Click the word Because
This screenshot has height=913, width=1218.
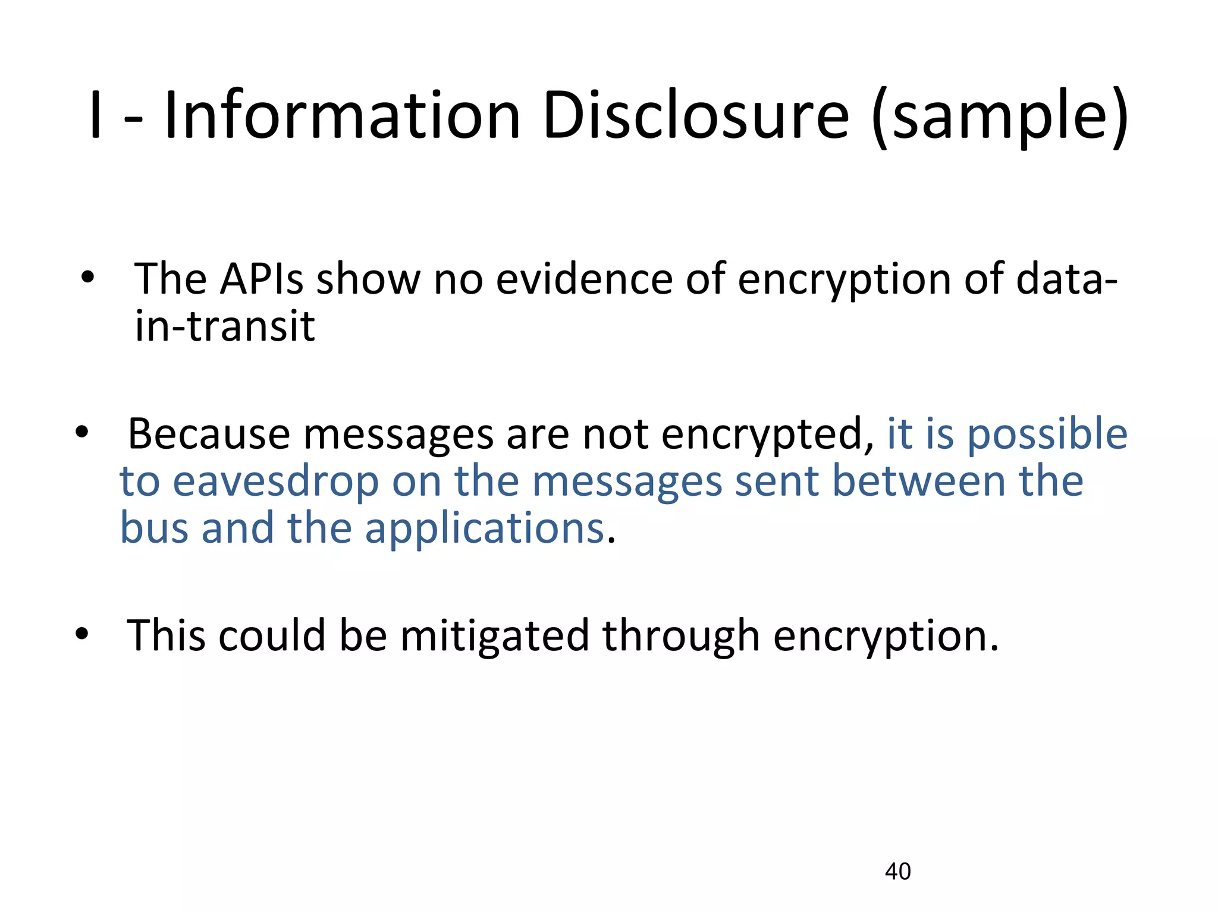(x=209, y=434)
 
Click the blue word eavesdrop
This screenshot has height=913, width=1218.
(x=275, y=481)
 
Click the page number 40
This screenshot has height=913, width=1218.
(x=897, y=871)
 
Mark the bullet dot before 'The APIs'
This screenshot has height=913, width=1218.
(x=88, y=278)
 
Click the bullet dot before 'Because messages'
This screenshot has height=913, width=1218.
(x=82, y=432)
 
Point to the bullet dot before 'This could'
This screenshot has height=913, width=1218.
(x=82, y=634)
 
